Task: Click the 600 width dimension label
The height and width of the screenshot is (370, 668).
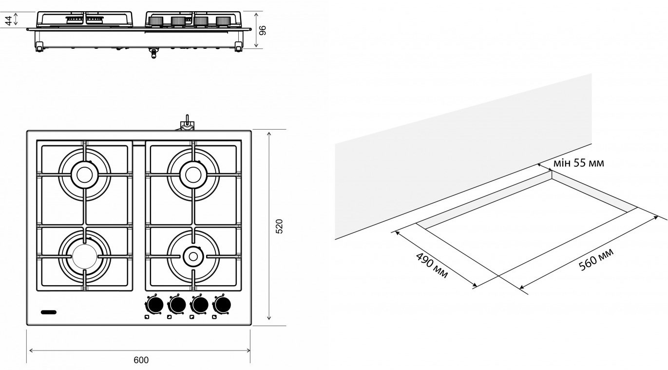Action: coord(141,360)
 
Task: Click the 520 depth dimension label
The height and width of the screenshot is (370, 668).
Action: coord(279,227)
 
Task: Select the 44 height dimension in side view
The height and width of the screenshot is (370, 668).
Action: coord(8,20)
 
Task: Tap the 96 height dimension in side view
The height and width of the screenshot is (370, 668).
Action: coord(263,30)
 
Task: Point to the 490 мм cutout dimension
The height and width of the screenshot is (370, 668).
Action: coord(432,266)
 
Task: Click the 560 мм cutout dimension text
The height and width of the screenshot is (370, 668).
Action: coord(596,259)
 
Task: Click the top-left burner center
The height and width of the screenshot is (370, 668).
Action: coord(84,174)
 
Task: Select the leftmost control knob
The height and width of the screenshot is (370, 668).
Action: coord(154,305)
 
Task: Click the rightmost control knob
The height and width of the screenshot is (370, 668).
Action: coord(222,305)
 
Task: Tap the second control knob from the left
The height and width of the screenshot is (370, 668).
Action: coord(177,305)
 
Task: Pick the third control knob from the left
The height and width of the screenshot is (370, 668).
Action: coord(199,305)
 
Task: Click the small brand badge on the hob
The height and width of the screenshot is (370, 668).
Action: coord(49,311)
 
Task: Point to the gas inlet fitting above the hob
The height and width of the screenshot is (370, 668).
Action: coord(186,124)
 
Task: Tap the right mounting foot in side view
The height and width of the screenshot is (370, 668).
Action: coord(238,47)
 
